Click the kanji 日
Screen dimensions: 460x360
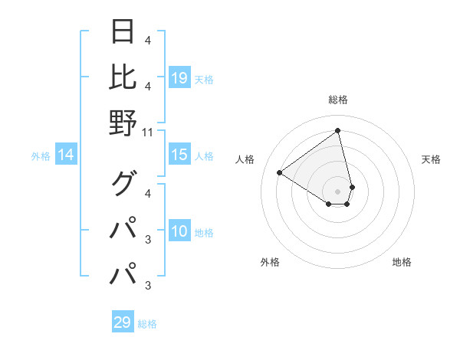click(x=123, y=32)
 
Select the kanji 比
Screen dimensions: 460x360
click(x=123, y=77)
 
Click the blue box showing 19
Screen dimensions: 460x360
click(x=179, y=78)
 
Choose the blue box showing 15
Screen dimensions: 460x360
click(x=179, y=155)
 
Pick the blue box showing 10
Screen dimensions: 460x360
click(x=179, y=232)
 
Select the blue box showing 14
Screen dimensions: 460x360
click(x=66, y=155)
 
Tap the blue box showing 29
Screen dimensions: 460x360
click(x=123, y=322)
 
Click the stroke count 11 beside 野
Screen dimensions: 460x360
click(x=148, y=133)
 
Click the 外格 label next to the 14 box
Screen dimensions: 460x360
click(x=41, y=156)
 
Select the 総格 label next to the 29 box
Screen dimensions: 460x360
click(x=148, y=324)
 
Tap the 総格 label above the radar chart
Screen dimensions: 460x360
click(x=338, y=100)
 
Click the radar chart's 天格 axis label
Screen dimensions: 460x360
click(x=432, y=159)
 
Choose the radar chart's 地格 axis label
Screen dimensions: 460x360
click(x=402, y=262)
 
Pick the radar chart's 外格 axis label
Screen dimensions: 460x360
click(x=270, y=262)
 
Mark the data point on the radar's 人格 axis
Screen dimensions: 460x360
click(x=280, y=173)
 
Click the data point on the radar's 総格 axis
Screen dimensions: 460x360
click(x=338, y=131)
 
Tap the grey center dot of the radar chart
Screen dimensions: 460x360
click(x=338, y=191)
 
